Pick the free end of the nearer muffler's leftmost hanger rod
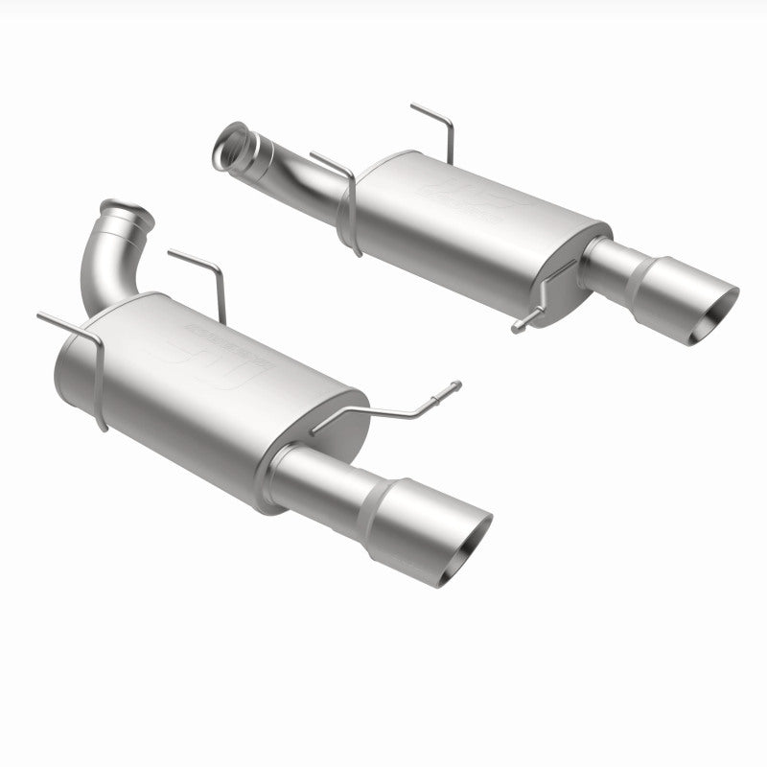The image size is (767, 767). coord(42,315)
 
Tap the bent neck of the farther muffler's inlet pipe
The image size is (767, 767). coord(288,173)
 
